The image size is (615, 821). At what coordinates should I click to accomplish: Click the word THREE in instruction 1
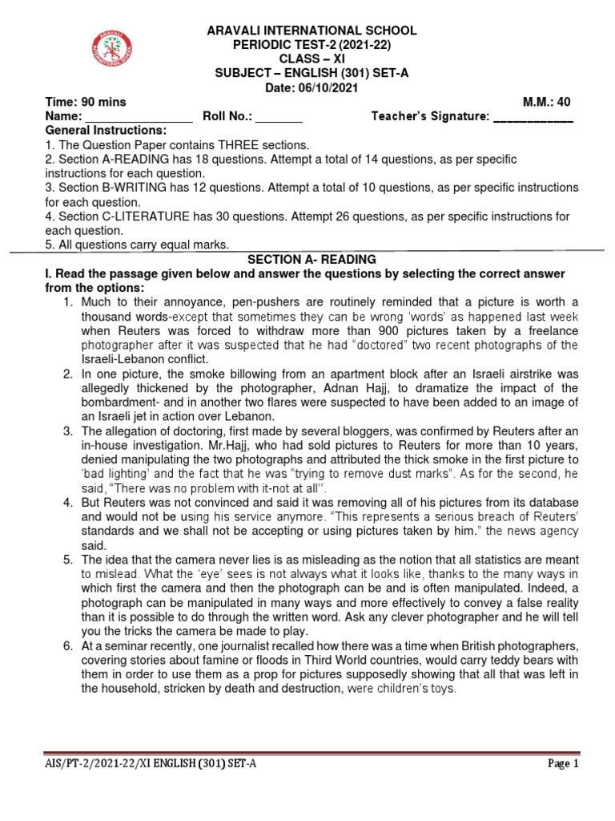(x=235, y=145)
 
